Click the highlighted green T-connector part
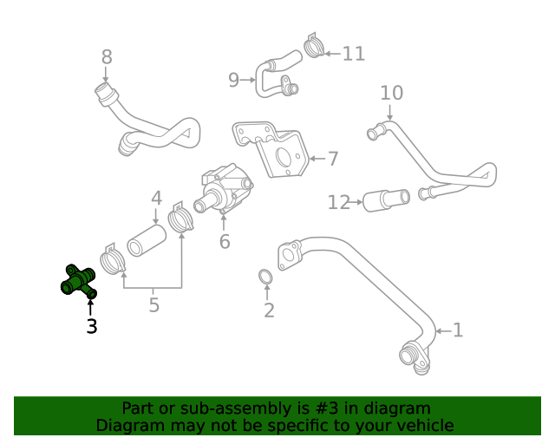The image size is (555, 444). coord(78,281)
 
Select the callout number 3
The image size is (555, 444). coord(91,326)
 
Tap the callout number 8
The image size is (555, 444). coord(107,57)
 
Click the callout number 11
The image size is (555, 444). coord(354,54)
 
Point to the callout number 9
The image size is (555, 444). coord(233,81)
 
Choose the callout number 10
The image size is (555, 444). coord(391,93)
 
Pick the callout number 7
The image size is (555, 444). coord(332,159)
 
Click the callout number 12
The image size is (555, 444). coord(338,203)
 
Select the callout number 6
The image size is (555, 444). coord(225,240)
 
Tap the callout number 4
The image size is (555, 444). coord(156,199)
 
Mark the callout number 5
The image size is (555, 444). coord(153,304)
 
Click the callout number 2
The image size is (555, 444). coord(269,310)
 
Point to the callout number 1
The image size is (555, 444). coord(458,330)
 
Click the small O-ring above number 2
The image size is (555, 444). coord(267,277)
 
